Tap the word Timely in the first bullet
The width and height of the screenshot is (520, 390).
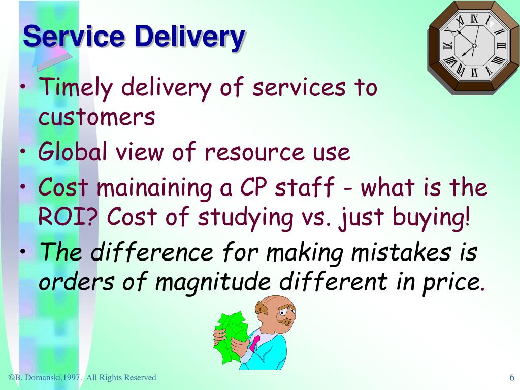coord(76,88)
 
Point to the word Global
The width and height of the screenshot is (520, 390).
coord(72,151)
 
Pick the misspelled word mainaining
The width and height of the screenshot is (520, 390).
coord(154,188)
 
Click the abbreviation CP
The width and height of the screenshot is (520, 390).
coord(253,187)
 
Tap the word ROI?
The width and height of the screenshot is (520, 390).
coord(69,217)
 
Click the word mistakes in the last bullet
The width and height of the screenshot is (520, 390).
coord(401,252)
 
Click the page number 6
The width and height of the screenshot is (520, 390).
coord(512,377)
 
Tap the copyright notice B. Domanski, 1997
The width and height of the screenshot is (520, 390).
coord(44,377)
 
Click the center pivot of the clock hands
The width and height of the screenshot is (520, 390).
coord(474,45)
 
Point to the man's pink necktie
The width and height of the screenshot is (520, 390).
coord(254,343)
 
